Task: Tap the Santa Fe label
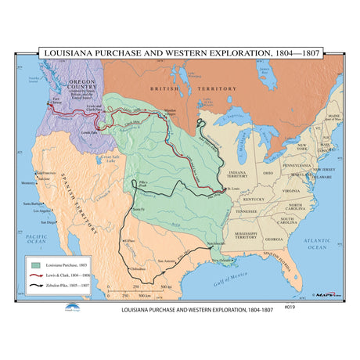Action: (139, 210)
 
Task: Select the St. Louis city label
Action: (233, 189)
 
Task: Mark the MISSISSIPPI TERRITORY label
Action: (239, 234)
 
